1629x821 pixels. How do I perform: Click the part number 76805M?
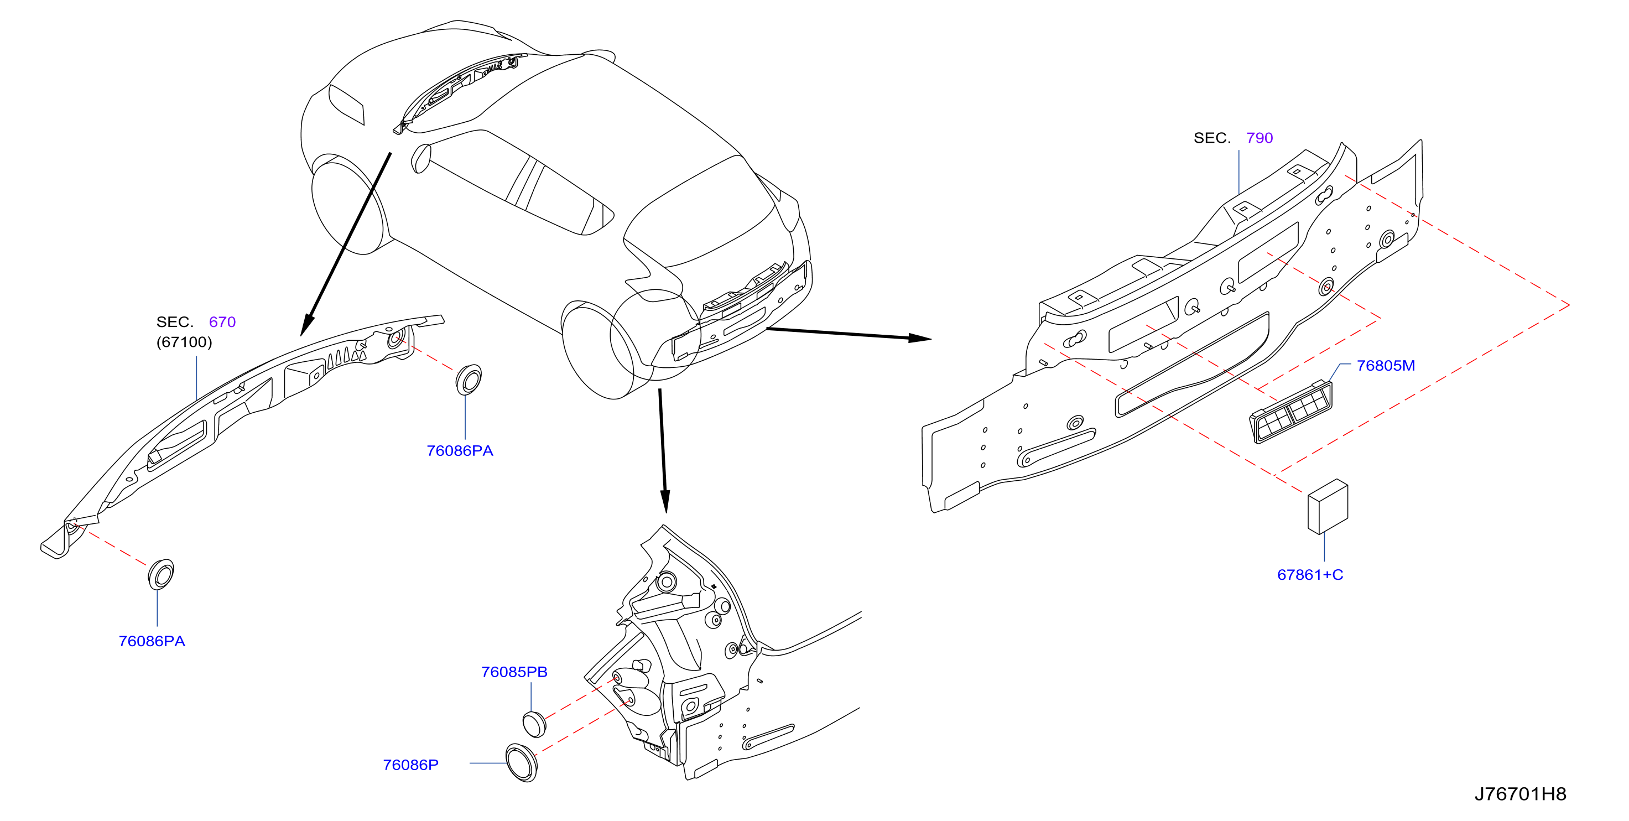pos(1385,366)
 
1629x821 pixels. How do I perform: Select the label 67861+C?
pos(1310,574)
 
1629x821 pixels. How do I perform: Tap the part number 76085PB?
pos(514,672)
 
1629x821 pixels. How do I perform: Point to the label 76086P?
pos(410,765)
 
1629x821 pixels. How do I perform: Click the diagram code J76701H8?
pos(1519,794)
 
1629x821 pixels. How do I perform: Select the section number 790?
pos(1259,138)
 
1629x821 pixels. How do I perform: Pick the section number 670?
pos(222,322)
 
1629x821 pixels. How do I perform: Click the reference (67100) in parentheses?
pos(184,342)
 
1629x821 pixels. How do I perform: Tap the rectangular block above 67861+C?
pos(1328,506)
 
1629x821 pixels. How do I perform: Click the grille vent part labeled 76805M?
pos(1290,412)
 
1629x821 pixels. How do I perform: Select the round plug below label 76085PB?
pos(534,724)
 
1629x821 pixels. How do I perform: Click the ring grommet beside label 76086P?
pos(522,763)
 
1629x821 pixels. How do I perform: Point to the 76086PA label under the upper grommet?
pos(460,451)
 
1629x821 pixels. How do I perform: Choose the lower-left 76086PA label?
pos(152,641)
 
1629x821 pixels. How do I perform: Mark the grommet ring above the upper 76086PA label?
pos(469,380)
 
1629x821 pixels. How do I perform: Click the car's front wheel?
pos(348,206)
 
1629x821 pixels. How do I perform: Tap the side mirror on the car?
pos(420,158)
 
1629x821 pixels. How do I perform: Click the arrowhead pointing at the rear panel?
pos(920,339)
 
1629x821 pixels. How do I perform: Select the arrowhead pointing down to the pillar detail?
pos(665,502)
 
